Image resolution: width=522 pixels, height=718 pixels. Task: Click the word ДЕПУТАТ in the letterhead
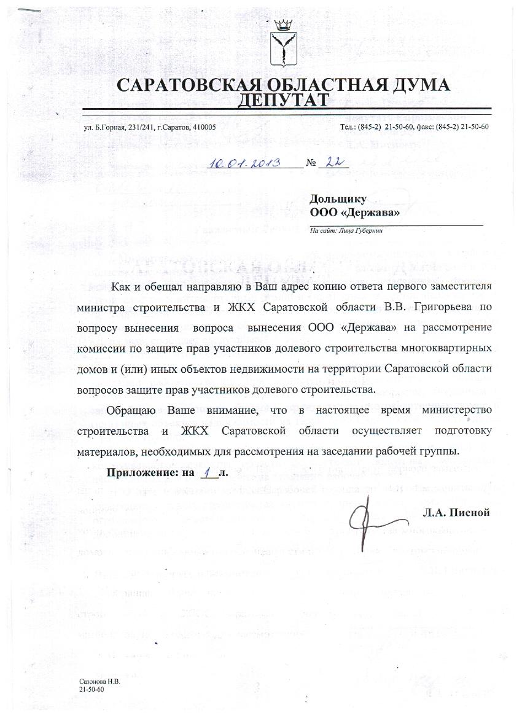283,100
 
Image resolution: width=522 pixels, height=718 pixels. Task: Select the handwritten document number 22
333,162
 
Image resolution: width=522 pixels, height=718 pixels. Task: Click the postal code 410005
201,127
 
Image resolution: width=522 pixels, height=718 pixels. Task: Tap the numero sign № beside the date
311,164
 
